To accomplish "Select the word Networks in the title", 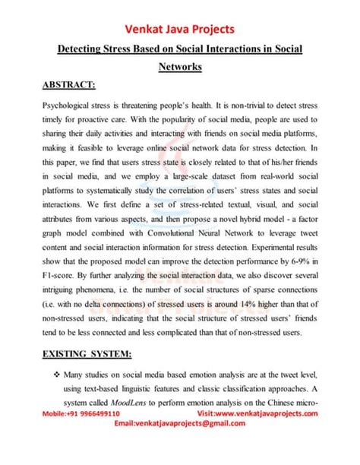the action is pos(180,68).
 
